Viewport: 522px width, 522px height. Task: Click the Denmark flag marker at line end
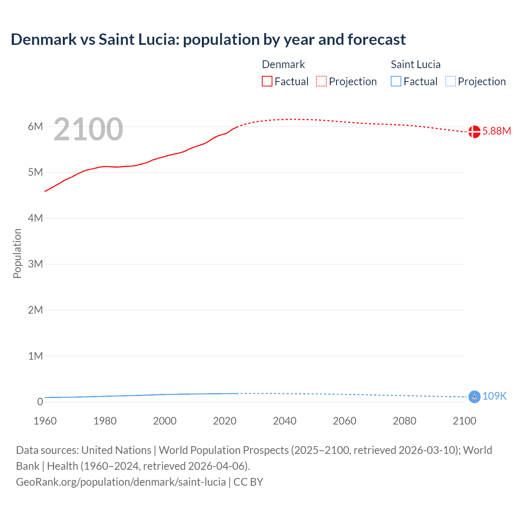[474, 132]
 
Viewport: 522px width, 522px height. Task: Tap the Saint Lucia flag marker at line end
[474, 396]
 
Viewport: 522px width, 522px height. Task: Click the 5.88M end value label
[496, 131]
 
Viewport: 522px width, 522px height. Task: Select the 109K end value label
[494, 396]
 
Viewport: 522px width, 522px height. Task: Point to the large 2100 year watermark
[88, 129]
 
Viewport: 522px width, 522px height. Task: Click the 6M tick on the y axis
[35, 126]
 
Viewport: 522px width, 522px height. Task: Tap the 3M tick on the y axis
[35, 264]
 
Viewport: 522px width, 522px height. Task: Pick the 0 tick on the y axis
[40, 402]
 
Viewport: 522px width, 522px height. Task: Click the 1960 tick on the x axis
[45, 421]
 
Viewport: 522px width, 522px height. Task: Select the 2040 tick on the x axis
[285, 421]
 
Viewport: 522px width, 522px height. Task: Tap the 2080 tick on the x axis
[405, 421]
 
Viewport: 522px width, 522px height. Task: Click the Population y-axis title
[17, 253]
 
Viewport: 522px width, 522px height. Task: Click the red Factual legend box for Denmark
[267, 81]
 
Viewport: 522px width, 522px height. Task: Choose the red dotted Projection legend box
[321, 81]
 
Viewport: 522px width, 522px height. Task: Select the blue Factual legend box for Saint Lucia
[396, 81]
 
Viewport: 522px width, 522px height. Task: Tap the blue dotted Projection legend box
[451, 81]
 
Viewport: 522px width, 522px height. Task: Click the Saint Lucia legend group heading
[416, 64]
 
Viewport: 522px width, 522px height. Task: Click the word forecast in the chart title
[376, 40]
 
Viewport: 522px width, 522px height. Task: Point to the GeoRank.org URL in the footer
[121, 482]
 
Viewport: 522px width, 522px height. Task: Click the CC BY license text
[248, 482]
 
